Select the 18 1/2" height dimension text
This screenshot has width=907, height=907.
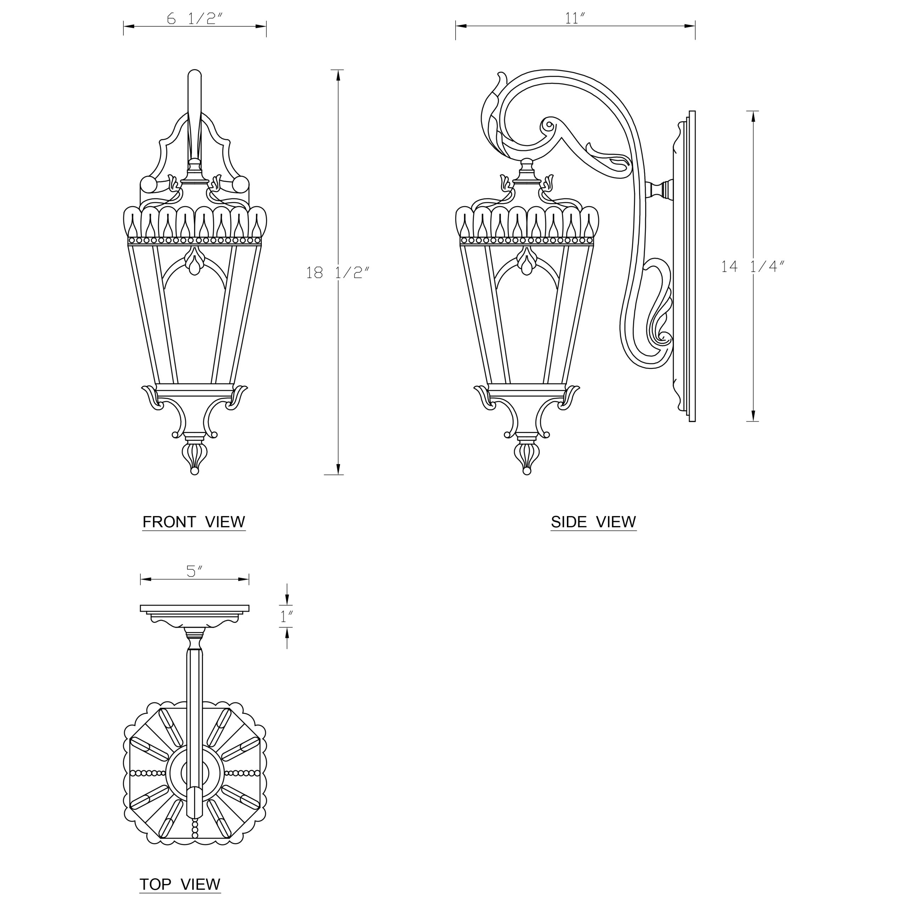point(338,272)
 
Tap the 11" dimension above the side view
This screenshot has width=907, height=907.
point(575,18)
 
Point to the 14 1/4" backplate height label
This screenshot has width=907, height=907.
point(753,267)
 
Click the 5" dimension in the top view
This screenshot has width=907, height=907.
point(195,571)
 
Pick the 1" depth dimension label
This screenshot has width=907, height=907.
point(287,616)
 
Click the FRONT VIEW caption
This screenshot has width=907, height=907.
point(194,522)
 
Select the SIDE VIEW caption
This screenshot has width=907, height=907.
point(593,522)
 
